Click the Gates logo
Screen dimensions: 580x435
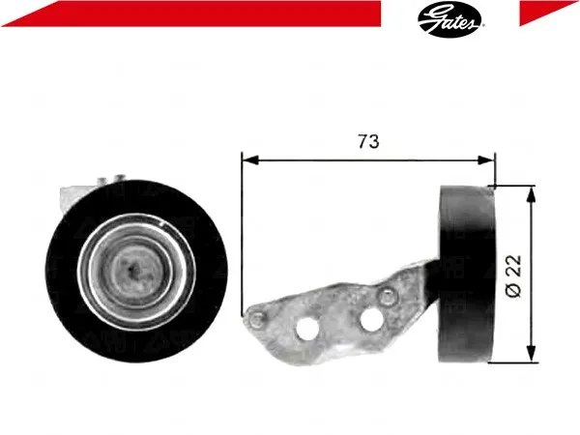click(450, 19)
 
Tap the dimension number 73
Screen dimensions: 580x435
click(368, 142)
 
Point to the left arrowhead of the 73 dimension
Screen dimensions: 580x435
click(249, 160)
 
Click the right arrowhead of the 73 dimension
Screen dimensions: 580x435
click(486, 160)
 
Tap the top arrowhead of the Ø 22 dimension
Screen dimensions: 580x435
click(531, 194)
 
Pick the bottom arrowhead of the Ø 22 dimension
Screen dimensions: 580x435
click(531, 354)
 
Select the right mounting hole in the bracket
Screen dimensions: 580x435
click(371, 318)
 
